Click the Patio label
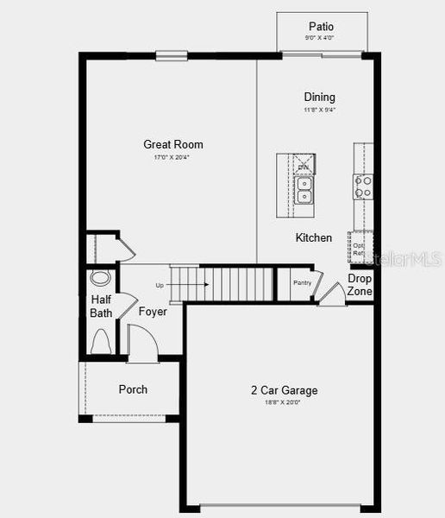pos(321,27)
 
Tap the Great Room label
pos(173,144)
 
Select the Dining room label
pos(319,98)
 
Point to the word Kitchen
pos(313,237)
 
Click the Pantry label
pos(302,282)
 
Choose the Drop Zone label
pos(360,285)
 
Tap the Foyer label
pos(153,312)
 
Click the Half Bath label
pos(101,306)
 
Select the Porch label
pos(133,389)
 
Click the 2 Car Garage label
pos(283,390)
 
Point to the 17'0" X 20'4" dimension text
pos(172,157)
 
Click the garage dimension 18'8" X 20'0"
pos(283,402)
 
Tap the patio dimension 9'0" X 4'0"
pos(321,38)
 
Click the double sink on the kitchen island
pos(304,190)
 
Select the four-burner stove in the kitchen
pos(363,186)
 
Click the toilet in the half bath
pos(100,342)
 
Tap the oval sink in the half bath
pos(101,279)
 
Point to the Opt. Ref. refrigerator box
pos(358,249)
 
